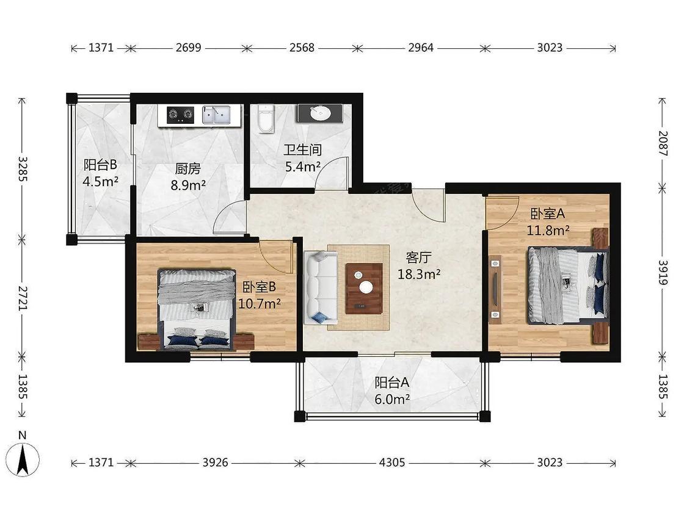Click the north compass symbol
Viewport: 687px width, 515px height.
click(x=23, y=459)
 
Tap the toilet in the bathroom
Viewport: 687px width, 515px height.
click(x=266, y=118)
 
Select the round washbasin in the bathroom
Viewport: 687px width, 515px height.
click(x=321, y=113)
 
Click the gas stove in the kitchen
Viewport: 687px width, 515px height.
click(x=181, y=115)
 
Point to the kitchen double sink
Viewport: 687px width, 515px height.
click(x=216, y=115)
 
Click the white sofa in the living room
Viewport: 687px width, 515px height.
click(x=320, y=287)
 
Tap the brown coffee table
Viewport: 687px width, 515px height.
click(x=364, y=288)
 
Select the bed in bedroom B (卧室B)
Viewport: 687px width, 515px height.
click(x=197, y=309)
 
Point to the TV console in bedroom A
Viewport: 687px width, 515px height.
click(x=495, y=289)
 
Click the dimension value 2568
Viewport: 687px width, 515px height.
click(x=302, y=48)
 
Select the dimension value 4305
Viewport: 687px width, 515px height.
click(x=391, y=463)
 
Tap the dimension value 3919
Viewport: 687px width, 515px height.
click(x=663, y=272)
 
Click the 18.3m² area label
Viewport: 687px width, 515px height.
click(x=419, y=274)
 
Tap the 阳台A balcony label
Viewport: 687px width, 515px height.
click(x=391, y=383)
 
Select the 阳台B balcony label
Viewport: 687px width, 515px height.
click(x=100, y=165)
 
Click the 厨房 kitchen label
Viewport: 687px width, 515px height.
click(x=188, y=168)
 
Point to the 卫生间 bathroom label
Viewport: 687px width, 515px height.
click(x=302, y=150)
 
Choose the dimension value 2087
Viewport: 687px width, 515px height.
click(x=663, y=143)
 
